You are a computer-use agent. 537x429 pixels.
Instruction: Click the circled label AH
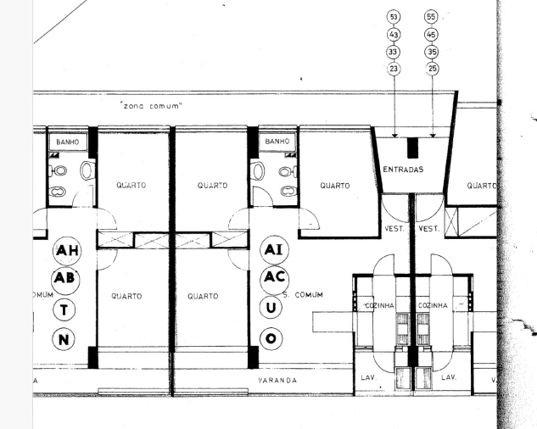66,250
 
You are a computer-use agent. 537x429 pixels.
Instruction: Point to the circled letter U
271,308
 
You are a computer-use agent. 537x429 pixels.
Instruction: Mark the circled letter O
271,338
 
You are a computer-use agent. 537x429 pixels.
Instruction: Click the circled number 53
394,17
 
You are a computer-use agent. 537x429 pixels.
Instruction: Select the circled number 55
432,17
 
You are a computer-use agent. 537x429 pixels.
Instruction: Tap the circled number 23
394,68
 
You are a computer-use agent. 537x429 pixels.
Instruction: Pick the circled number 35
432,51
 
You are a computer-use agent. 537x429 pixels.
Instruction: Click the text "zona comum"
153,105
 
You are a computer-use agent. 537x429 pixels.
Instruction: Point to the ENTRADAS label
403,170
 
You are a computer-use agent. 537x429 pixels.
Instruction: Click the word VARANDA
277,381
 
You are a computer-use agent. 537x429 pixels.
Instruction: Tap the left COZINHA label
381,305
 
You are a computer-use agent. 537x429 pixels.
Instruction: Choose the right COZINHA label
434,305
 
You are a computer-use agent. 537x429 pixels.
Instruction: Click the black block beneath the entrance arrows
413,147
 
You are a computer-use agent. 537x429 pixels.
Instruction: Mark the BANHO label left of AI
277,142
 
